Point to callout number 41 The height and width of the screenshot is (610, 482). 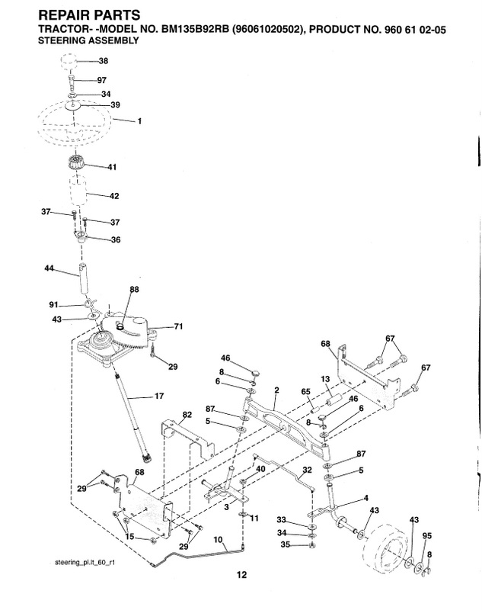click(x=112, y=167)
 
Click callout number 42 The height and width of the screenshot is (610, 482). click(x=114, y=196)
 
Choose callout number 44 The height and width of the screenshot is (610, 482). click(x=49, y=268)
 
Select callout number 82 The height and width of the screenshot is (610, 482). click(x=187, y=414)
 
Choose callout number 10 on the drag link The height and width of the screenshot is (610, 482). click(x=219, y=540)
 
